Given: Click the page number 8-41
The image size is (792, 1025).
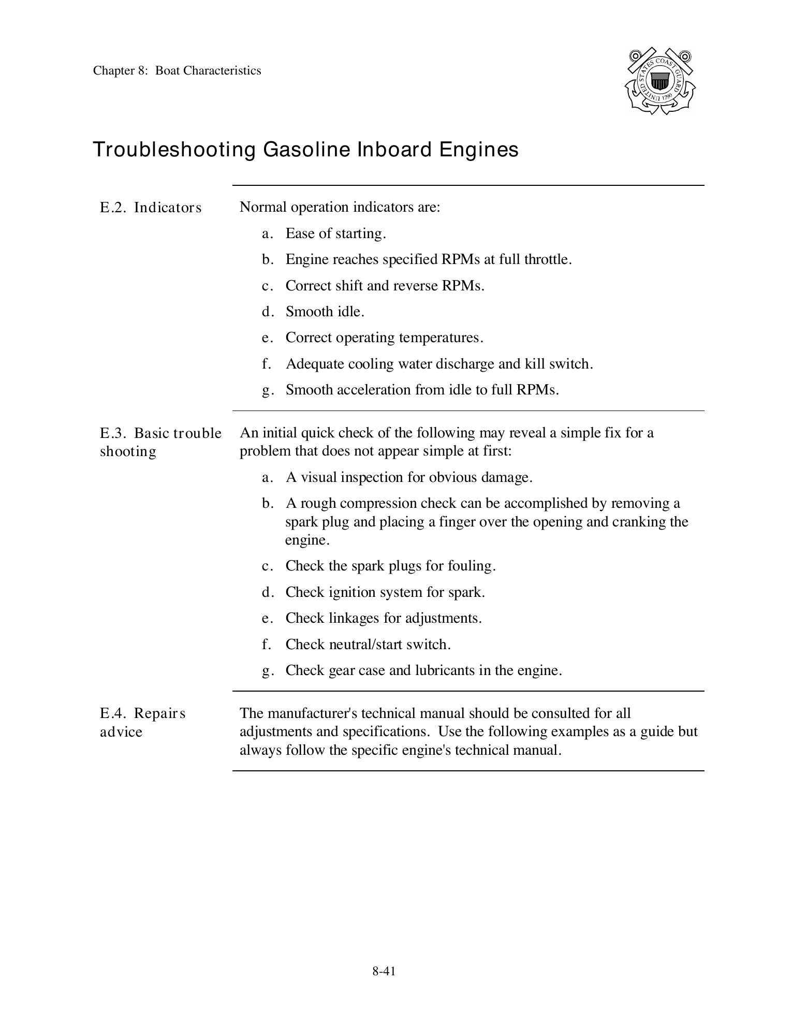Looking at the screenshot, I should pyautogui.click(x=384, y=971).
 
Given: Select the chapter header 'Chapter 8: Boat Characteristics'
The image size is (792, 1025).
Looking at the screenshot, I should pyautogui.click(x=177, y=71).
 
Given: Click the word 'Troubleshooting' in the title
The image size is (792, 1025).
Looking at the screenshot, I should pyautogui.click(x=174, y=150).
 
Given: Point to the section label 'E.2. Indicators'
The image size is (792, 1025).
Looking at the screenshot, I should pyautogui.click(x=151, y=208).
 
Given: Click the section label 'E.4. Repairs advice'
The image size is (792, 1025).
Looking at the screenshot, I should pyautogui.click(x=142, y=722).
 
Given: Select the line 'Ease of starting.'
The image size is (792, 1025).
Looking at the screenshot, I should pyautogui.click(x=335, y=233).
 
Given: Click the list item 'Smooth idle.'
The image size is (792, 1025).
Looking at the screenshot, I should pyautogui.click(x=325, y=312).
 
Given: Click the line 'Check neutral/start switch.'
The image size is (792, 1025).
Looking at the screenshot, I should pyautogui.click(x=368, y=645).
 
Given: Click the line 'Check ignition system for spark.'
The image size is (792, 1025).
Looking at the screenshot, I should pyautogui.click(x=385, y=592).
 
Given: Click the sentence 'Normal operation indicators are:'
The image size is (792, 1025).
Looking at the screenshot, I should pyautogui.click(x=340, y=208).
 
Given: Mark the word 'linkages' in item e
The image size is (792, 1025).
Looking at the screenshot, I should pyautogui.click(x=354, y=618).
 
